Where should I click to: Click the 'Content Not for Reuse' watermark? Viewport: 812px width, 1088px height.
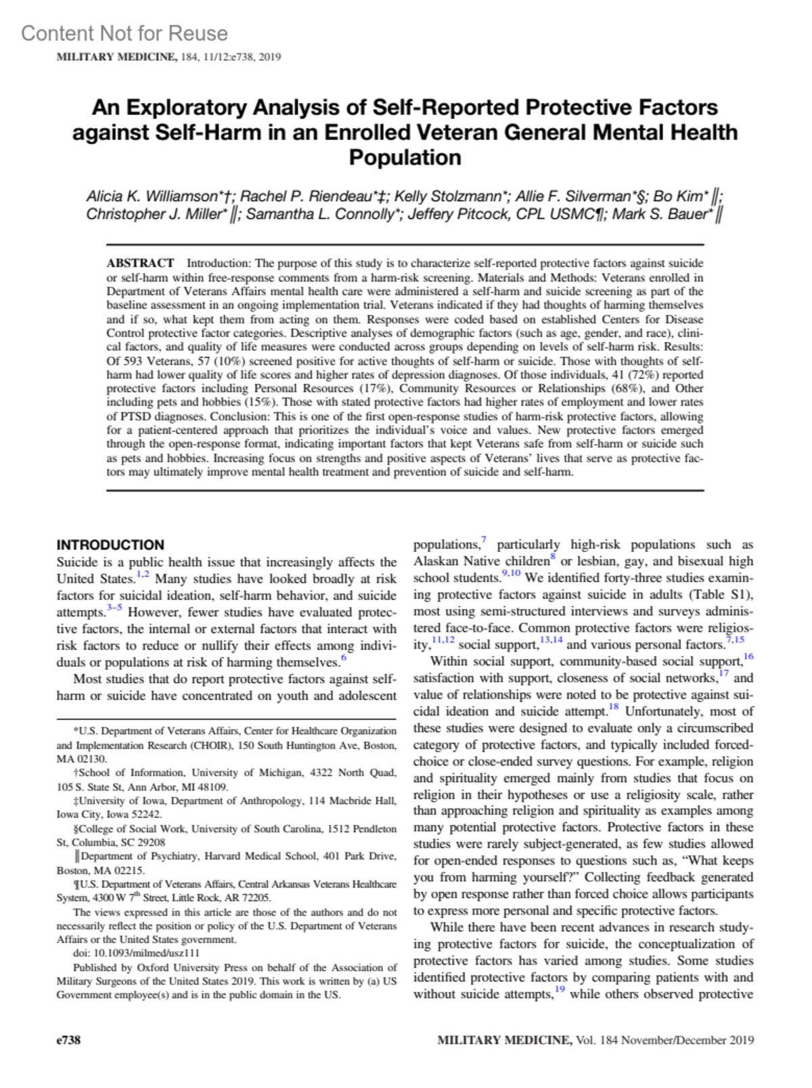point(125,33)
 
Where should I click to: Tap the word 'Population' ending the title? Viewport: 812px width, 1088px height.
point(405,157)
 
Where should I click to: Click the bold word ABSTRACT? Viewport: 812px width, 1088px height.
point(140,263)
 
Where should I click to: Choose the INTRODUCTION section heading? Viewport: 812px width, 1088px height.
point(110,545)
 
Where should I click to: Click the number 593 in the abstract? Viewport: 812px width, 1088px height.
point(133,361)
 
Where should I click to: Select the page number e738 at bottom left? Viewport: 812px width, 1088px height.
point(68,1039)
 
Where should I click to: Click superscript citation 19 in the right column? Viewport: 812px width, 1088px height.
point(560,990)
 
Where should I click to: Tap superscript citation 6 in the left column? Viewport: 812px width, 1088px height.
point(344,657)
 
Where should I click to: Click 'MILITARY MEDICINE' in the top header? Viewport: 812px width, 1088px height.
point(116,57)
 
